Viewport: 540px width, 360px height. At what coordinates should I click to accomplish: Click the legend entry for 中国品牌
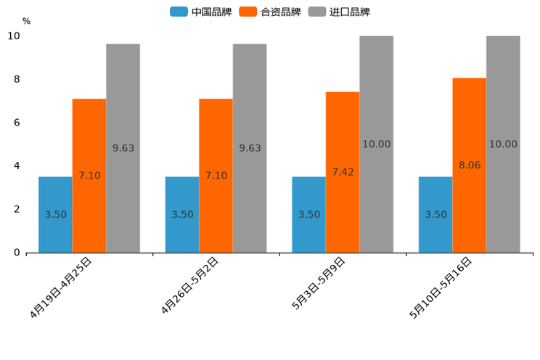pyautogui.click(x=200, y=12)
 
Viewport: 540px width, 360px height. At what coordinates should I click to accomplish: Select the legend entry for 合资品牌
pyautogui.click(x=269, y=12)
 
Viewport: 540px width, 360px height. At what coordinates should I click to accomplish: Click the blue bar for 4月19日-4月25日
pyautogui.click(x=55, y=215)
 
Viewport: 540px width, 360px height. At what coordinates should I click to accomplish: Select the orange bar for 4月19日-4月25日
pyautogui.click(x=89, y=176)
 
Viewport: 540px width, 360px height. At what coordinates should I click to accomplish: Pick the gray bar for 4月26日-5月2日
pyautogui.click(x=250, y=148)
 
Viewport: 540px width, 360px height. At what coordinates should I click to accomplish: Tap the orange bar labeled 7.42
pyautogui.click(x=343, y=172)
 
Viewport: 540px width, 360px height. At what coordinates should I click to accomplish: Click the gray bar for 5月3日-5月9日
pyautogui.click(x=376, y=144)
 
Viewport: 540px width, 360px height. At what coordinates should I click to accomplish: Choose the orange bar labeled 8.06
pyautogui.click(x=470, y=165)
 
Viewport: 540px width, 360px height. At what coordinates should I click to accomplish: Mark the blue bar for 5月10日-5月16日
pyautogui.click(x=435, y=215)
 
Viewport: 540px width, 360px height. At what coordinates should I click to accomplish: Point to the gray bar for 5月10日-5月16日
pyautogui.click(x=503, y=144)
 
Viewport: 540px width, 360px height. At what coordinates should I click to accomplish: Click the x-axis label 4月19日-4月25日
pyautogui.click(x=62, y=287)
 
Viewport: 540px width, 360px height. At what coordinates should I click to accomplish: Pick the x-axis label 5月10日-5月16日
pyautogui.click(x=442, y=287)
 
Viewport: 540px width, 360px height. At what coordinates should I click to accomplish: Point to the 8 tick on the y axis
pyautogui.click(x=16, y=79)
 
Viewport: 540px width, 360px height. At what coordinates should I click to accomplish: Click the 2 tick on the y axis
pyautogui.click(x=16, y=209)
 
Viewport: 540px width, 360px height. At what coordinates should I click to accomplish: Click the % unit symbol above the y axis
pyautogui.click(x=26, y=21)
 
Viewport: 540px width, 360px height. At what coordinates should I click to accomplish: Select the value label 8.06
pyautogui.click(x=470, y=165)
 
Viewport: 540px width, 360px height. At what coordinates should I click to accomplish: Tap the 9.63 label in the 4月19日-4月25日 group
pyautogui.click(x=123, y=148)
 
